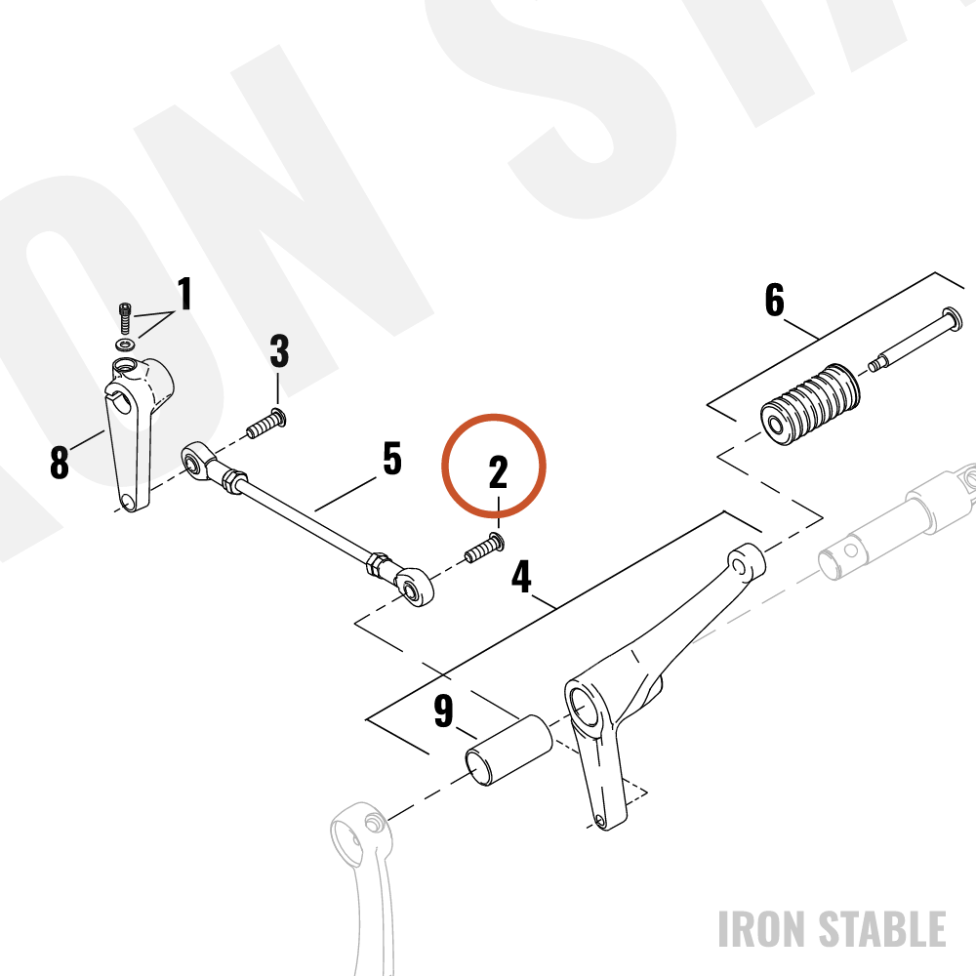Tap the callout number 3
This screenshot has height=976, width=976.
point(279,351)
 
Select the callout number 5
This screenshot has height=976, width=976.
point(392,459)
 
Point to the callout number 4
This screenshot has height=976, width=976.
point(521,577)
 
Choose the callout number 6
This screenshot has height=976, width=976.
point(774,300)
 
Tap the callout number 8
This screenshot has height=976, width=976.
point(60,463)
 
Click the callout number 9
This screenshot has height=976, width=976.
point(443,711)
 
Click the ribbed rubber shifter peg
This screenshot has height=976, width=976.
point(810,404)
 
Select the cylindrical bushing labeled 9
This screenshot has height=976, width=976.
point(508,750)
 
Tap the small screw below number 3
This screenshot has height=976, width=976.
point(266,424)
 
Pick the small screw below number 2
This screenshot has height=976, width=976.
point(484,548)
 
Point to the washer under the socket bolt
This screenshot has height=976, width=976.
point(127,344)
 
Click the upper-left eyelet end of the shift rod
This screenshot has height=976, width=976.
point(198,462)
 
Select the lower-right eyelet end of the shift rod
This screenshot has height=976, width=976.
point(415,587)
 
